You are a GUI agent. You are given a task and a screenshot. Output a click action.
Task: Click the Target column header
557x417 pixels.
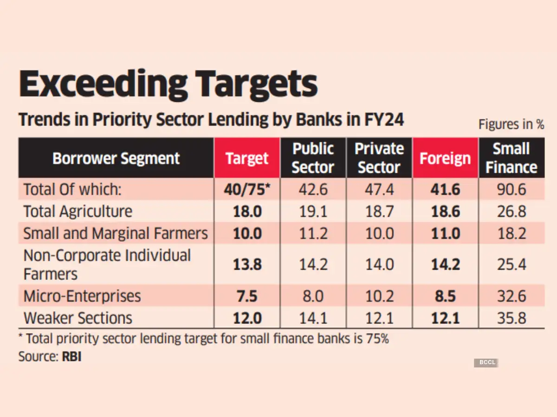tap(247, 158)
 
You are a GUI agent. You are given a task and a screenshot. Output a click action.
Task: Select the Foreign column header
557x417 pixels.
tap(445, 158)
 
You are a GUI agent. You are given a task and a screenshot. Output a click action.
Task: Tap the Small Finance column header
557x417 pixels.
tap(511, 158)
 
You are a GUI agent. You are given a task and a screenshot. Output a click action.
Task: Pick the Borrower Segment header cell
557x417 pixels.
tap(116, 158)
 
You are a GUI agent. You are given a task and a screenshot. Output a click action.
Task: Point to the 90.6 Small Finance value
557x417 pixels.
tap(512, 190)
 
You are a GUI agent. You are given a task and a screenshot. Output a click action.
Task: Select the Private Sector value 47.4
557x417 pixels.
tap(379, 190)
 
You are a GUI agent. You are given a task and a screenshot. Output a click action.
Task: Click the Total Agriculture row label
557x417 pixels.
tap(78, 212)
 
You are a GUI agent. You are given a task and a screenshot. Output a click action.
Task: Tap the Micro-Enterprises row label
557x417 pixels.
tap(82, 296)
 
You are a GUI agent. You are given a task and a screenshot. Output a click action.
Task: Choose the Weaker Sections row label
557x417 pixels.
tap(78, 318)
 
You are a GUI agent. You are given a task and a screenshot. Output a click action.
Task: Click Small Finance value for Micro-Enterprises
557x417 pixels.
tap(512, 296)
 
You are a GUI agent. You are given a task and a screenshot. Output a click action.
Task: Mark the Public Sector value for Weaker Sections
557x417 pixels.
tap(313, 318)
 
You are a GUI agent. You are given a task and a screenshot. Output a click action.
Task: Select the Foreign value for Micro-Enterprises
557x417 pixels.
tap(445, 296)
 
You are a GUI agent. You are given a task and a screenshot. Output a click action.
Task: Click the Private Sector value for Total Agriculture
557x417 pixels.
tap(379, 212)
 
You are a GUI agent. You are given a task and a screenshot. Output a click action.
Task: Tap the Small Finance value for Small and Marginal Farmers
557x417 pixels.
tap(512, 234)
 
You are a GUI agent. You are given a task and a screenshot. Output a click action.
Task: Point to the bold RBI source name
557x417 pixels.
tap(71, 358)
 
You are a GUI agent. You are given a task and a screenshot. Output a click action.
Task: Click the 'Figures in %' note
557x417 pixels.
tap(511, 124)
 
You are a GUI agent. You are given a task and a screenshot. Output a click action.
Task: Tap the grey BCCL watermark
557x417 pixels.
tap(486, 362)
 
